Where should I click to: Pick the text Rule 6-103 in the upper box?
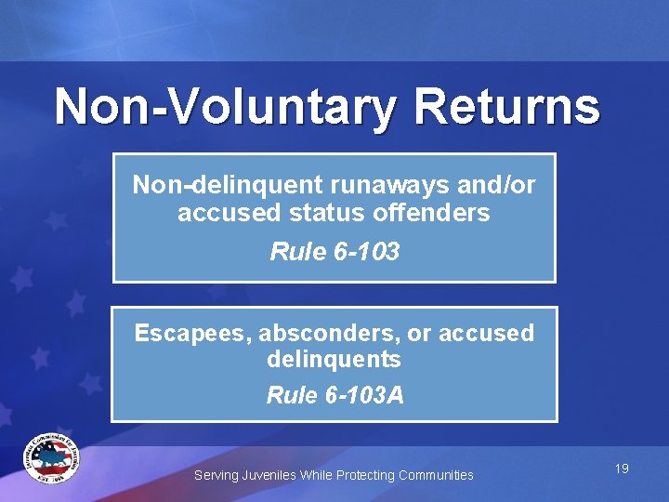[334, 251]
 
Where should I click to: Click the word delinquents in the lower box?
[334, 359]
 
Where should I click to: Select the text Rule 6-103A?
[334, 395]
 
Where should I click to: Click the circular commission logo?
[52, 457]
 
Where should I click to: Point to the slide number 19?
[622, 469]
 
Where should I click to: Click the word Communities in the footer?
[436, 475]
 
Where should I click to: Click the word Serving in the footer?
[216, 475]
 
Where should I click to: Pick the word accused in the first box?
[220, 213]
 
